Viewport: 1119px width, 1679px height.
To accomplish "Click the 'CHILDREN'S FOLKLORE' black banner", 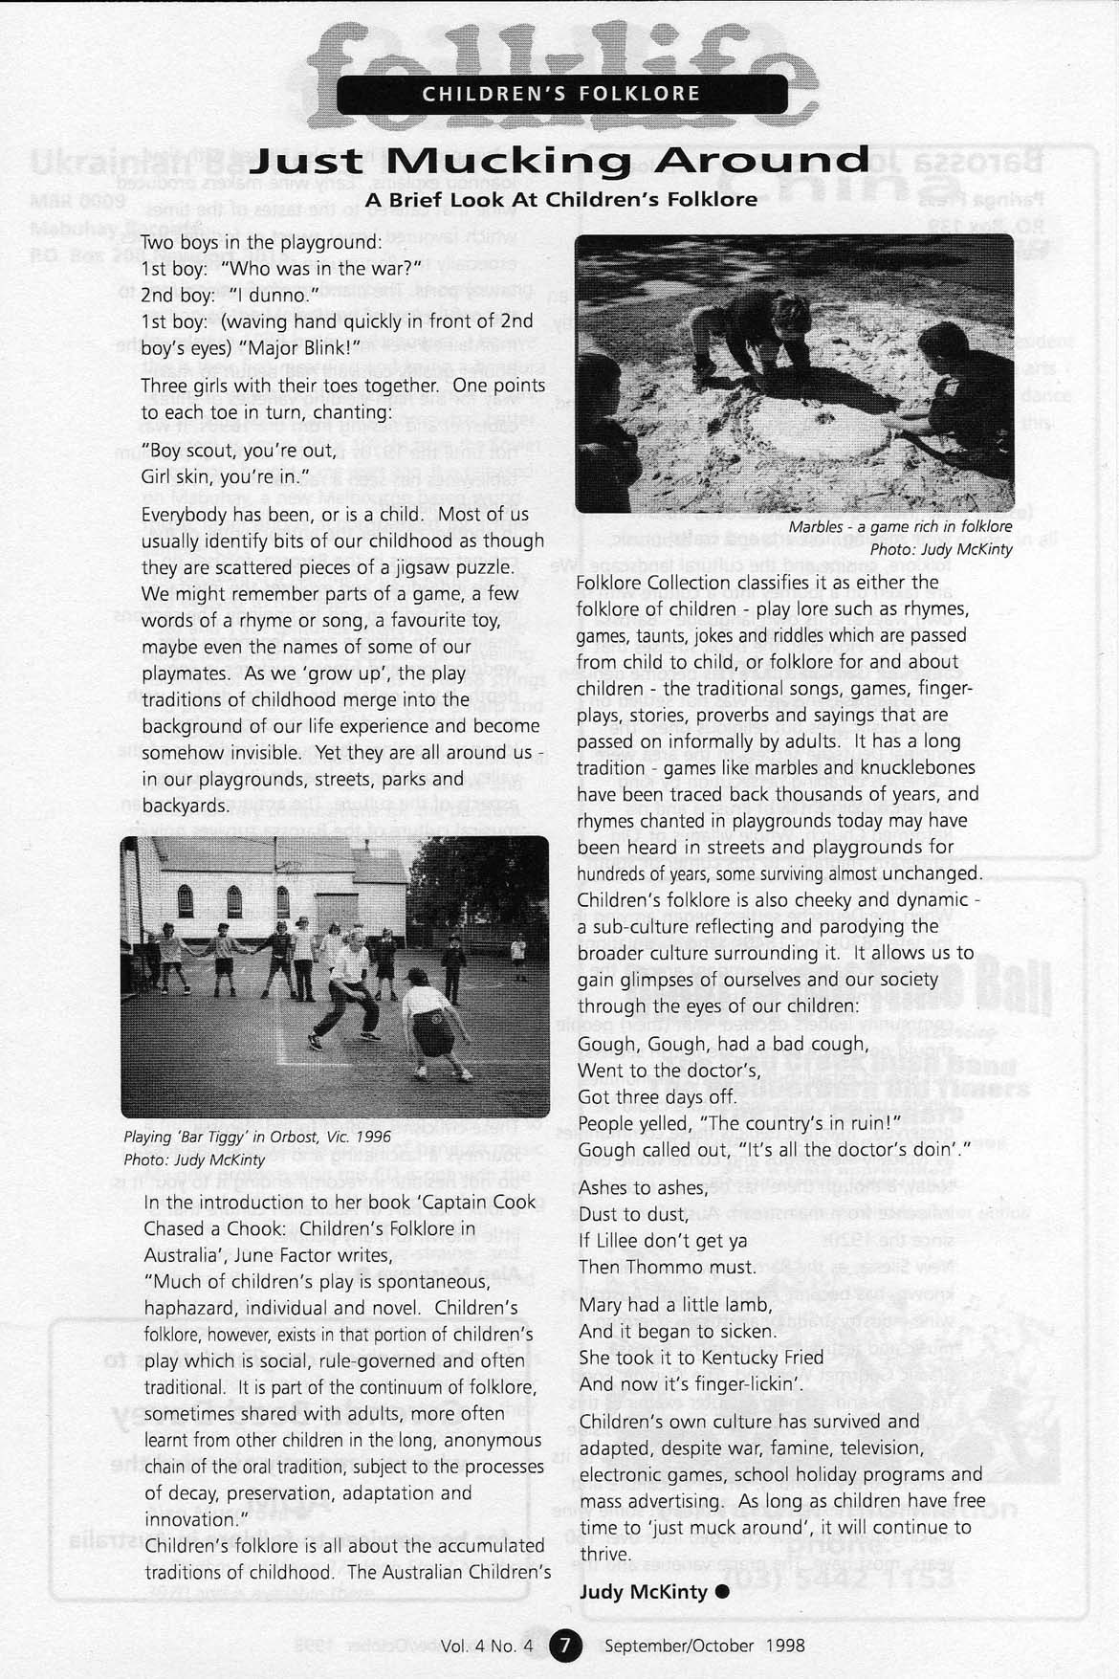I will [x=561, y=94].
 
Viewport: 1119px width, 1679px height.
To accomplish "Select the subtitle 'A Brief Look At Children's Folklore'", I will [x=560, y=200].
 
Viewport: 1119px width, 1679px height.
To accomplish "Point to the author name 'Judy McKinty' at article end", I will [x=643, y=1592].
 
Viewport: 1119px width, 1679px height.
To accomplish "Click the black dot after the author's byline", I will [x=722, y=1592].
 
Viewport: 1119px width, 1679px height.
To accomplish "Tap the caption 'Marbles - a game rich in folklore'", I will [x=900, y=527].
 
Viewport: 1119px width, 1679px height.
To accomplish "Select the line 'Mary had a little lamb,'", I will [x=674, y=1305].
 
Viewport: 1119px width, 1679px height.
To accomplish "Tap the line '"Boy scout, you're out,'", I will [x=239, y=451].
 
